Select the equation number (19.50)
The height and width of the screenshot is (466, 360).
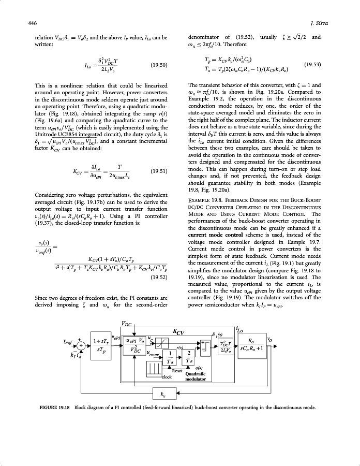159,65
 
